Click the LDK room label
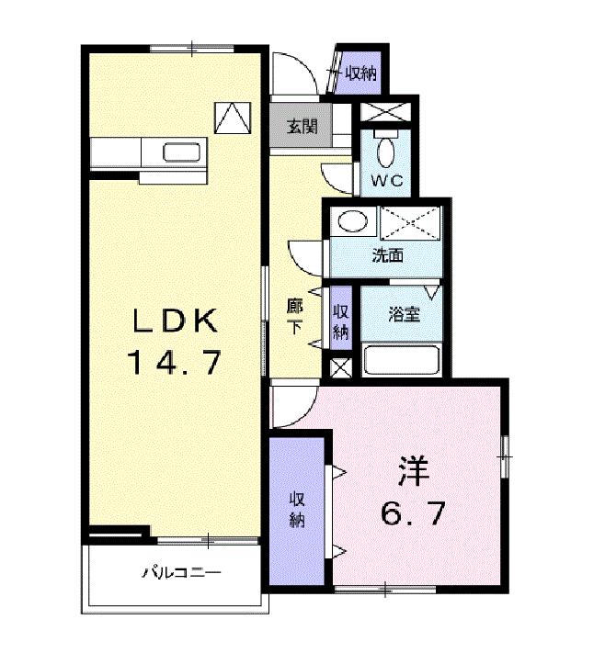[x=175, y=321]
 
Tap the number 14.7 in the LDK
[x=175, y=363]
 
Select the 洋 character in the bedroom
[x=413, y=471]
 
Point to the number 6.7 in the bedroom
[x=412, y=513]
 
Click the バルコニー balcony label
[x=181, y=573]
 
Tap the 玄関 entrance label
[x=302, y=126]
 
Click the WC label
[x=387, y=181]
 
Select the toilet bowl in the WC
[x=386, y=152]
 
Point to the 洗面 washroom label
[x=387, y=255]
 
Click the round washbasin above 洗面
[x=353, y=220]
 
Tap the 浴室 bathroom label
[x=404, y=314]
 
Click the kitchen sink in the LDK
[x=181, y=152]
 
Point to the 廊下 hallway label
[x=295, y=316]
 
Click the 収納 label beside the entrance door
[x=361, y=73]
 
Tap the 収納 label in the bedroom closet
[x=297, y=510]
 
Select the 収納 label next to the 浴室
[x=341, y=322]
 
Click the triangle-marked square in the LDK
[x=233, y=118]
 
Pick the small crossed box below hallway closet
[x=340, y=368]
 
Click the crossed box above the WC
[x=385, y=112]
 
